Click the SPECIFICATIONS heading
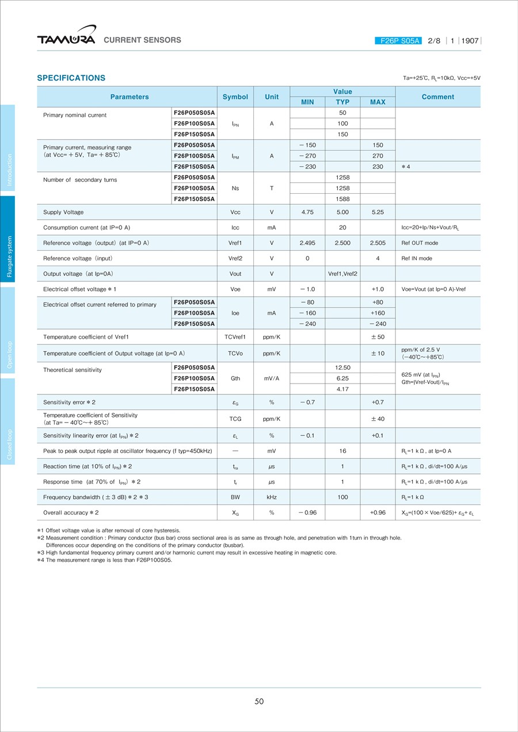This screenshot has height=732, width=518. click(x=71, y=78)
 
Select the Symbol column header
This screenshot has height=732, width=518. click(x=235, y=97)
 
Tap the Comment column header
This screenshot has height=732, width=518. click(x=438, y=97)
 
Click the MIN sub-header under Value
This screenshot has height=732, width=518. click(x=307, y=102)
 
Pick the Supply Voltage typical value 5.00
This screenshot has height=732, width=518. click(x=342, y=212)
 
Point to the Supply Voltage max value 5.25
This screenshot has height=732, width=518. click(x=378, y=212)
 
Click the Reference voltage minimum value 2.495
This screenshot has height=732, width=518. click(x=307, y=243)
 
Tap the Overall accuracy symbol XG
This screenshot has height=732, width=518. click(x=235, y=512)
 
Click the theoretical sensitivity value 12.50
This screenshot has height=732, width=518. click(x=342, y=367)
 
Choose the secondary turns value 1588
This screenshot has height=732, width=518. click(x=342, y=199)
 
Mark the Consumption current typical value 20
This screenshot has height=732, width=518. click(x=342, y=228)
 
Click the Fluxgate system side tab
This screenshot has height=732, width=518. click(x=8, y=239)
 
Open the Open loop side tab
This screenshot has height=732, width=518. click(x=8, y=330)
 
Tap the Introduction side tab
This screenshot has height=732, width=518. click(x=8, y=148)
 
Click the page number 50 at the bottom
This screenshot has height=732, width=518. click(x=259, y=701)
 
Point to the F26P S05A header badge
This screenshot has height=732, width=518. click(x=399, y=41)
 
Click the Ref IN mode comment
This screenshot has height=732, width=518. click(x=417, y=259)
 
